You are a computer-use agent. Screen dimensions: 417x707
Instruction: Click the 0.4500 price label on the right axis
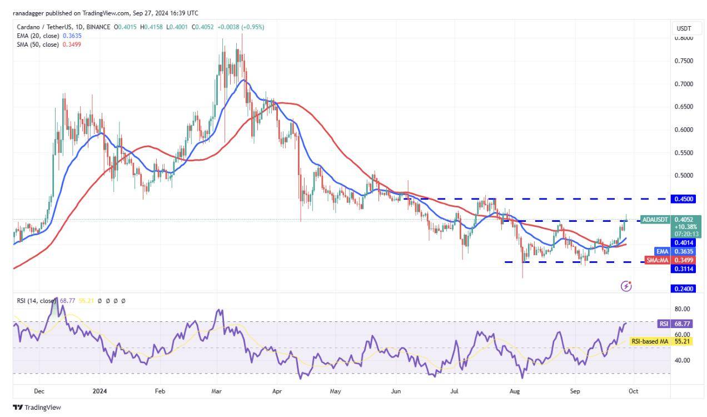point(683,198)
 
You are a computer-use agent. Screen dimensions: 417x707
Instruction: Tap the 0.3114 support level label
point(683,269)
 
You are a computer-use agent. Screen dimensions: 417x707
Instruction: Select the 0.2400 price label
point(683,289)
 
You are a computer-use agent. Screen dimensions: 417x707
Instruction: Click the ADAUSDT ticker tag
point(654,220)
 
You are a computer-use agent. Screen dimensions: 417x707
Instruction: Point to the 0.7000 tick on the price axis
point(683,84)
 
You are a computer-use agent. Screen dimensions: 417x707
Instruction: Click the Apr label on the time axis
point(277,391)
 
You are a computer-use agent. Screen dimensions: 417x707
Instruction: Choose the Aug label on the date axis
point(515,391)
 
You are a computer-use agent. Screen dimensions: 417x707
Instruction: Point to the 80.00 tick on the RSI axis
point(683,309)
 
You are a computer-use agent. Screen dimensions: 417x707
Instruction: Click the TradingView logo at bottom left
point(37,408)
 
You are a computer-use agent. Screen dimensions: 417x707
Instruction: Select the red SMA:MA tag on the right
point(658,260)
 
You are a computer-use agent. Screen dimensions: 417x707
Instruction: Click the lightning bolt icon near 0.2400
point(626,286)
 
